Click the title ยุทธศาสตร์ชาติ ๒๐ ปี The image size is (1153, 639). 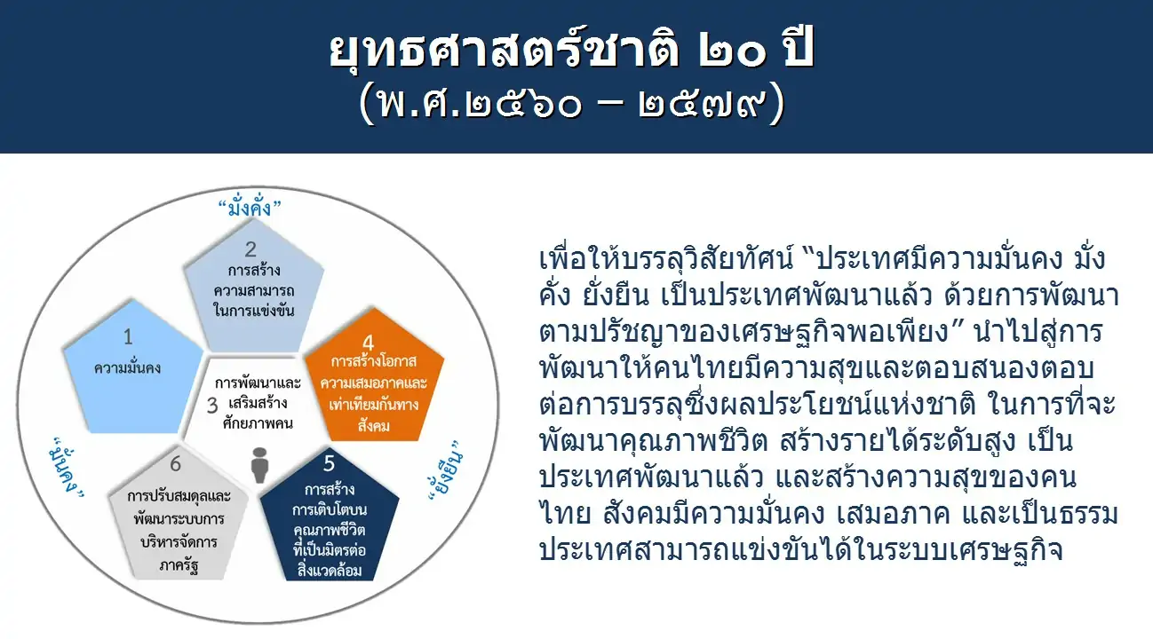(x=571, y=50)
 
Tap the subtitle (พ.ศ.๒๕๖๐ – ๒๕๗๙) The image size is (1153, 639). (x=571, y=105)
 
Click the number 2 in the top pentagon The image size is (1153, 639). (x=250, y=249)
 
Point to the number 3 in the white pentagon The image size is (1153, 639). (x=212, y=406)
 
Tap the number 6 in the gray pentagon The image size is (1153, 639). (x=176, y=464)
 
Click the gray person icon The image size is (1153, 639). (x=259, y=465)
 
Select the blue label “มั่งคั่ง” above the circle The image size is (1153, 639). (x=250, y=208)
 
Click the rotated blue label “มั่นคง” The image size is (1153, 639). (x=67, y=468)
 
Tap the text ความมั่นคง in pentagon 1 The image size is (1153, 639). (x=128, y=368)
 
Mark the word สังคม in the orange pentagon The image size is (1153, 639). (x=374, y=426)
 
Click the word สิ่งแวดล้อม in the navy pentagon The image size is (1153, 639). (x=330, y=571)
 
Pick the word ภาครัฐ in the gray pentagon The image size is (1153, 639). (x=179, y=565)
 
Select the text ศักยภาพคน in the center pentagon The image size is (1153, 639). (x=258, y=423)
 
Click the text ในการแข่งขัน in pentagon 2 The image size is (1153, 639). (x=254, y=311)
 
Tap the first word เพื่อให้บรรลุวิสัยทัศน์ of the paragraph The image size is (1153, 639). (x=666, y=258)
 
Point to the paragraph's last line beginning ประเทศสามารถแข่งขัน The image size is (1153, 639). (x=801, y=550)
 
